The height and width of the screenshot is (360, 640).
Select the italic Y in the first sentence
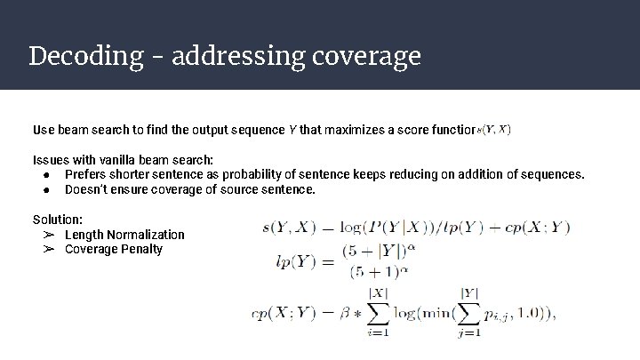[x=292, y=130]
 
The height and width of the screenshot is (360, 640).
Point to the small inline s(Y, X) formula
[x=494, y=129]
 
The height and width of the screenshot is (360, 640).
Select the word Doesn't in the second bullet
[x=89, y=189]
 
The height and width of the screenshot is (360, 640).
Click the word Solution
[x=58, y=220]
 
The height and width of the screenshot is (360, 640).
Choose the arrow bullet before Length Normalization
[x=50, y=235]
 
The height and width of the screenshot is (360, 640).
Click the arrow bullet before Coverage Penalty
[x=50, y=249]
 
